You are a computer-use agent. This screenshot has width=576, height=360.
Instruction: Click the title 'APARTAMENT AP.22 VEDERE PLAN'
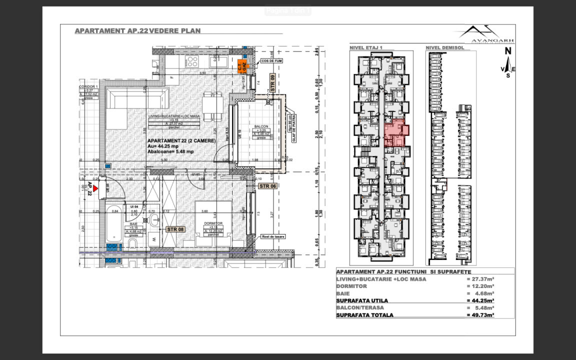point(137,31)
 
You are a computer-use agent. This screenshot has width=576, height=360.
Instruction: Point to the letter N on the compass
point(507,51)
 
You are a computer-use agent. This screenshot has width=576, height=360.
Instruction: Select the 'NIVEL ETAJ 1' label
point(366,48)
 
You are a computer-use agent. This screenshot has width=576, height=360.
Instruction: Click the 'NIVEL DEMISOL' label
point(445,48)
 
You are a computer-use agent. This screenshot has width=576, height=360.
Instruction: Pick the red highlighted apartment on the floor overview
point(396,132)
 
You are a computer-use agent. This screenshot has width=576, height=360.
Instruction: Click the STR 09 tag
point(273,81)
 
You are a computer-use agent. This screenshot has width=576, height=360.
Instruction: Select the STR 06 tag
point(267,186)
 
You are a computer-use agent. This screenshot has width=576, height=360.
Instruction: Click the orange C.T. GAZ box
point(242,66)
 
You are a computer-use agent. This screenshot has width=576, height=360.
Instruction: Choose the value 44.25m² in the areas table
point(479,301)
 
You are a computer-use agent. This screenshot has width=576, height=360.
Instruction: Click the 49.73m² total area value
point(479,315)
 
